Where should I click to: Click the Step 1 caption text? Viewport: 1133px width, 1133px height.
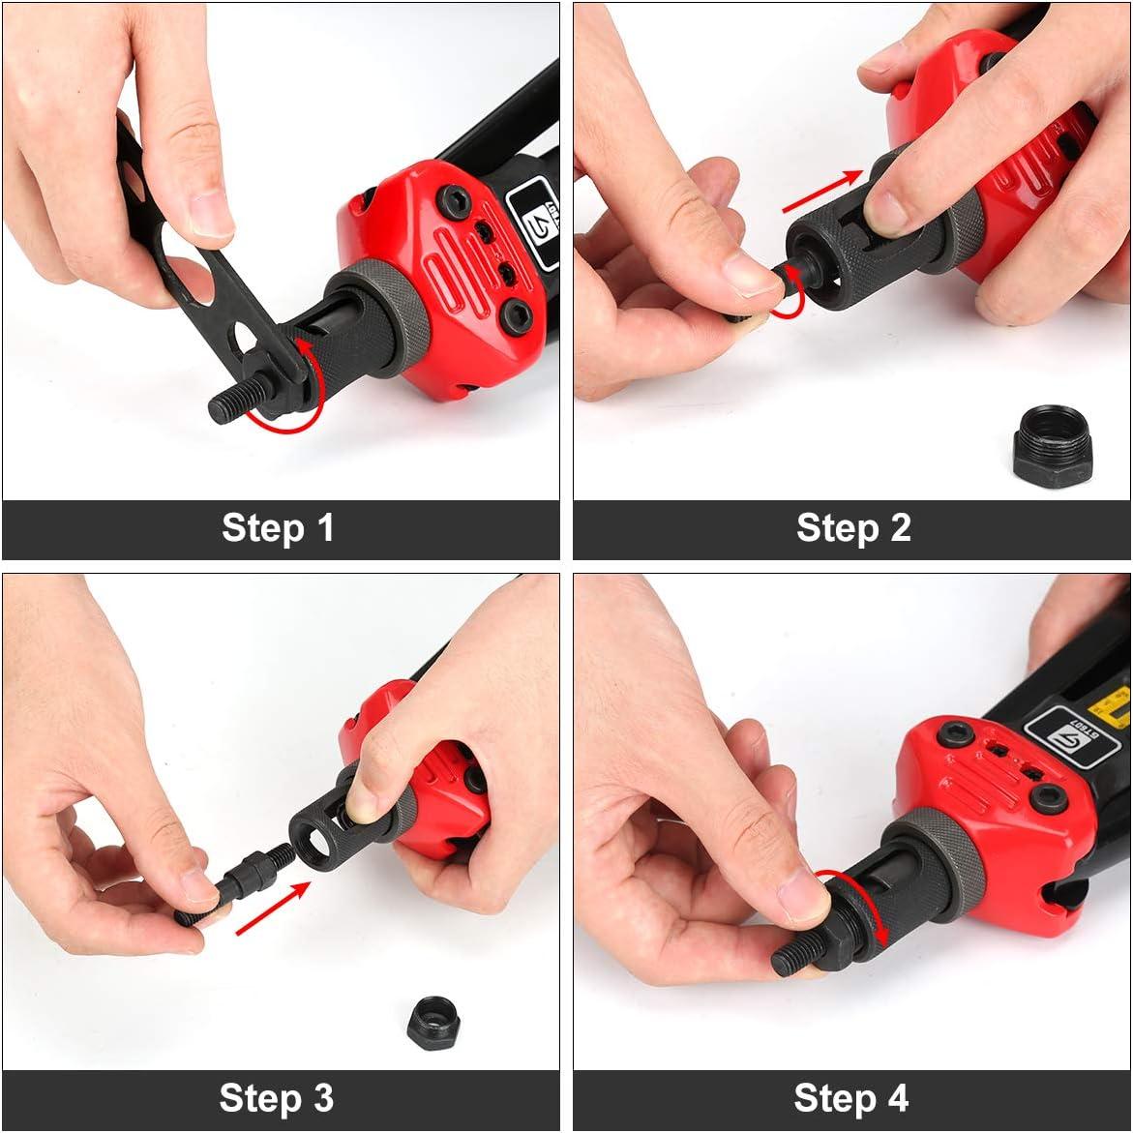278,528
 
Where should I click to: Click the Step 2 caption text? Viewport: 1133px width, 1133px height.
852,528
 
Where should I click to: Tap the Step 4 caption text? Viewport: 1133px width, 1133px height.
850,1098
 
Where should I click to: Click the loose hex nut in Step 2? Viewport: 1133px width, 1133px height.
1054,447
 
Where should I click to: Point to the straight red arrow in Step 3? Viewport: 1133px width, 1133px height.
273,908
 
